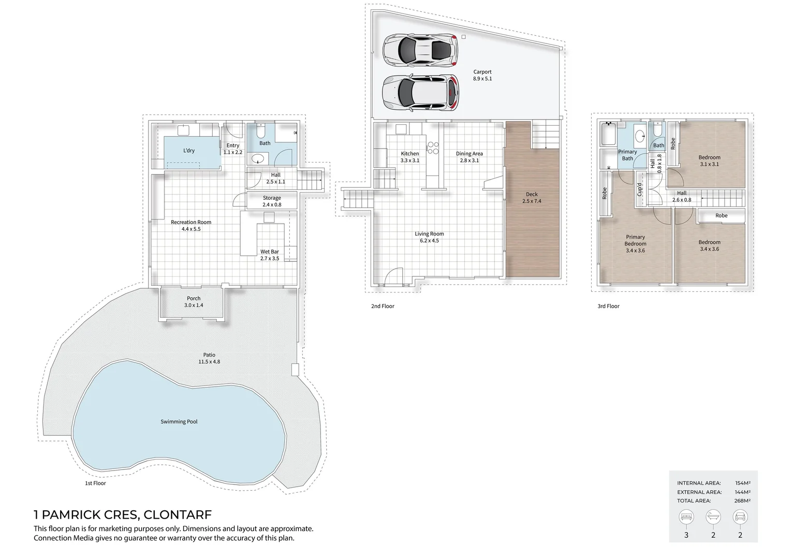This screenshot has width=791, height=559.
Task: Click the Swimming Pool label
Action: coord(179,422)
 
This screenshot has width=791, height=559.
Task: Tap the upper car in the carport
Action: coord(420,50)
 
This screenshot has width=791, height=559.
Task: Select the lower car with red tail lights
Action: coord(420,93)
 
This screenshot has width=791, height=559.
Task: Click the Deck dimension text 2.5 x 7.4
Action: coord(532,201)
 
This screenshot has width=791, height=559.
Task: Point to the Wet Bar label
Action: coord(269,252)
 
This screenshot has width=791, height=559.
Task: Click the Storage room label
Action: coord(272,198)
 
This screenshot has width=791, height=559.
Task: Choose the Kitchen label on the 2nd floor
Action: coord(410,154)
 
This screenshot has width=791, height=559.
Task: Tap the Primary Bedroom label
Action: coord(635,240)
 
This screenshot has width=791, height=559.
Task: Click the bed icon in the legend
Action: coord(686,517)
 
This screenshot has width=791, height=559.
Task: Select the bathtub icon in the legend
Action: coord(713,517)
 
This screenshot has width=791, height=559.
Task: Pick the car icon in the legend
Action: coord(740,517)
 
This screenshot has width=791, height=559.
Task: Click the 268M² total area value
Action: coord(742,501)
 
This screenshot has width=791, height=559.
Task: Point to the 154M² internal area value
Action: coord(742,483)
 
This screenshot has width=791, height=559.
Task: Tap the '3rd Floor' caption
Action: coord(608,306)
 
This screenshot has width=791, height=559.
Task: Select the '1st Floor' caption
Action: coord(95,483)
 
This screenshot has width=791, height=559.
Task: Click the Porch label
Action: coord(194,299)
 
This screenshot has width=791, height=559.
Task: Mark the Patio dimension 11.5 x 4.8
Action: coord(209,362)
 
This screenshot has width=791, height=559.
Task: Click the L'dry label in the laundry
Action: coord(189,151)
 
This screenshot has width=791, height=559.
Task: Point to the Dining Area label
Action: coord(469,154)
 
